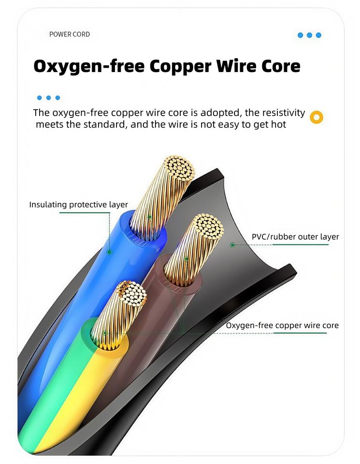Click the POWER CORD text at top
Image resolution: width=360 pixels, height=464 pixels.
[x=70, y=34]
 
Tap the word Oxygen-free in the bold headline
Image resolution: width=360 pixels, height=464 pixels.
[x=87, y=66]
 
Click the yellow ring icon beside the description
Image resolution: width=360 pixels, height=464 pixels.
[x=317, y=116]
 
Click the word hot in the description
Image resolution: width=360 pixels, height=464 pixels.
[x=279, y=125]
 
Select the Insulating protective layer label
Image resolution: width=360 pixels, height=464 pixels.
[x=79, y=204]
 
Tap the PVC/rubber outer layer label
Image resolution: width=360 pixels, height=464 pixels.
[x=295, y=237]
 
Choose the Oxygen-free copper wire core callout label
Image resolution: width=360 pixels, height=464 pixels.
[x=282, y=325]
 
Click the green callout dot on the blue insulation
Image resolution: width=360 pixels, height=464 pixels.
[x=110, y=252]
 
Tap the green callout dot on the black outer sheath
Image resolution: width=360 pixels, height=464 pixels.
[x=232, y=245]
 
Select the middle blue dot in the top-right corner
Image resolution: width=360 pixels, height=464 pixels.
[x=309, y=35]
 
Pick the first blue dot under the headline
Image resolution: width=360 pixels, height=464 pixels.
[x=39, y=98]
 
